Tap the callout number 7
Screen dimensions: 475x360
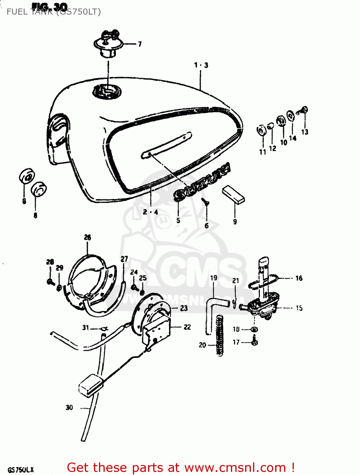(140, 44)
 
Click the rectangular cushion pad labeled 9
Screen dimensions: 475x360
(233, 194)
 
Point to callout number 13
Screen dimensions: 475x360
(305, 132)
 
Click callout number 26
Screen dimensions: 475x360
(88, 237)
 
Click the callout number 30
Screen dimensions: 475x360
(69, 408)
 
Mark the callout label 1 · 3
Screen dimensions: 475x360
(201, 65)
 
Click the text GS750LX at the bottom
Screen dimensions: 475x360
(21, 470)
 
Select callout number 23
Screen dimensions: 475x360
(184, 308)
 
